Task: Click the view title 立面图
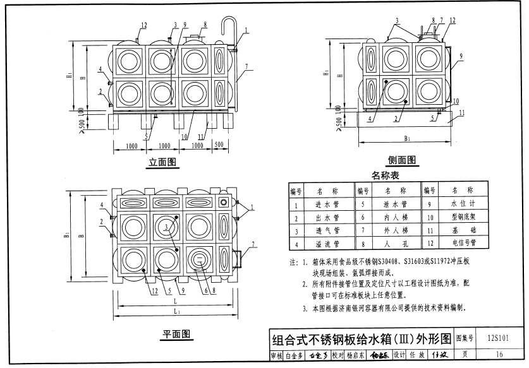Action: point(162,162)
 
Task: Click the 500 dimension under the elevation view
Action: point(219,145)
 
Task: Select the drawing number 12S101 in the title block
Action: point(499,338)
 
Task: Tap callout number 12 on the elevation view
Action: point(144,25)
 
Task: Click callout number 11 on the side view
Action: point(462,113)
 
